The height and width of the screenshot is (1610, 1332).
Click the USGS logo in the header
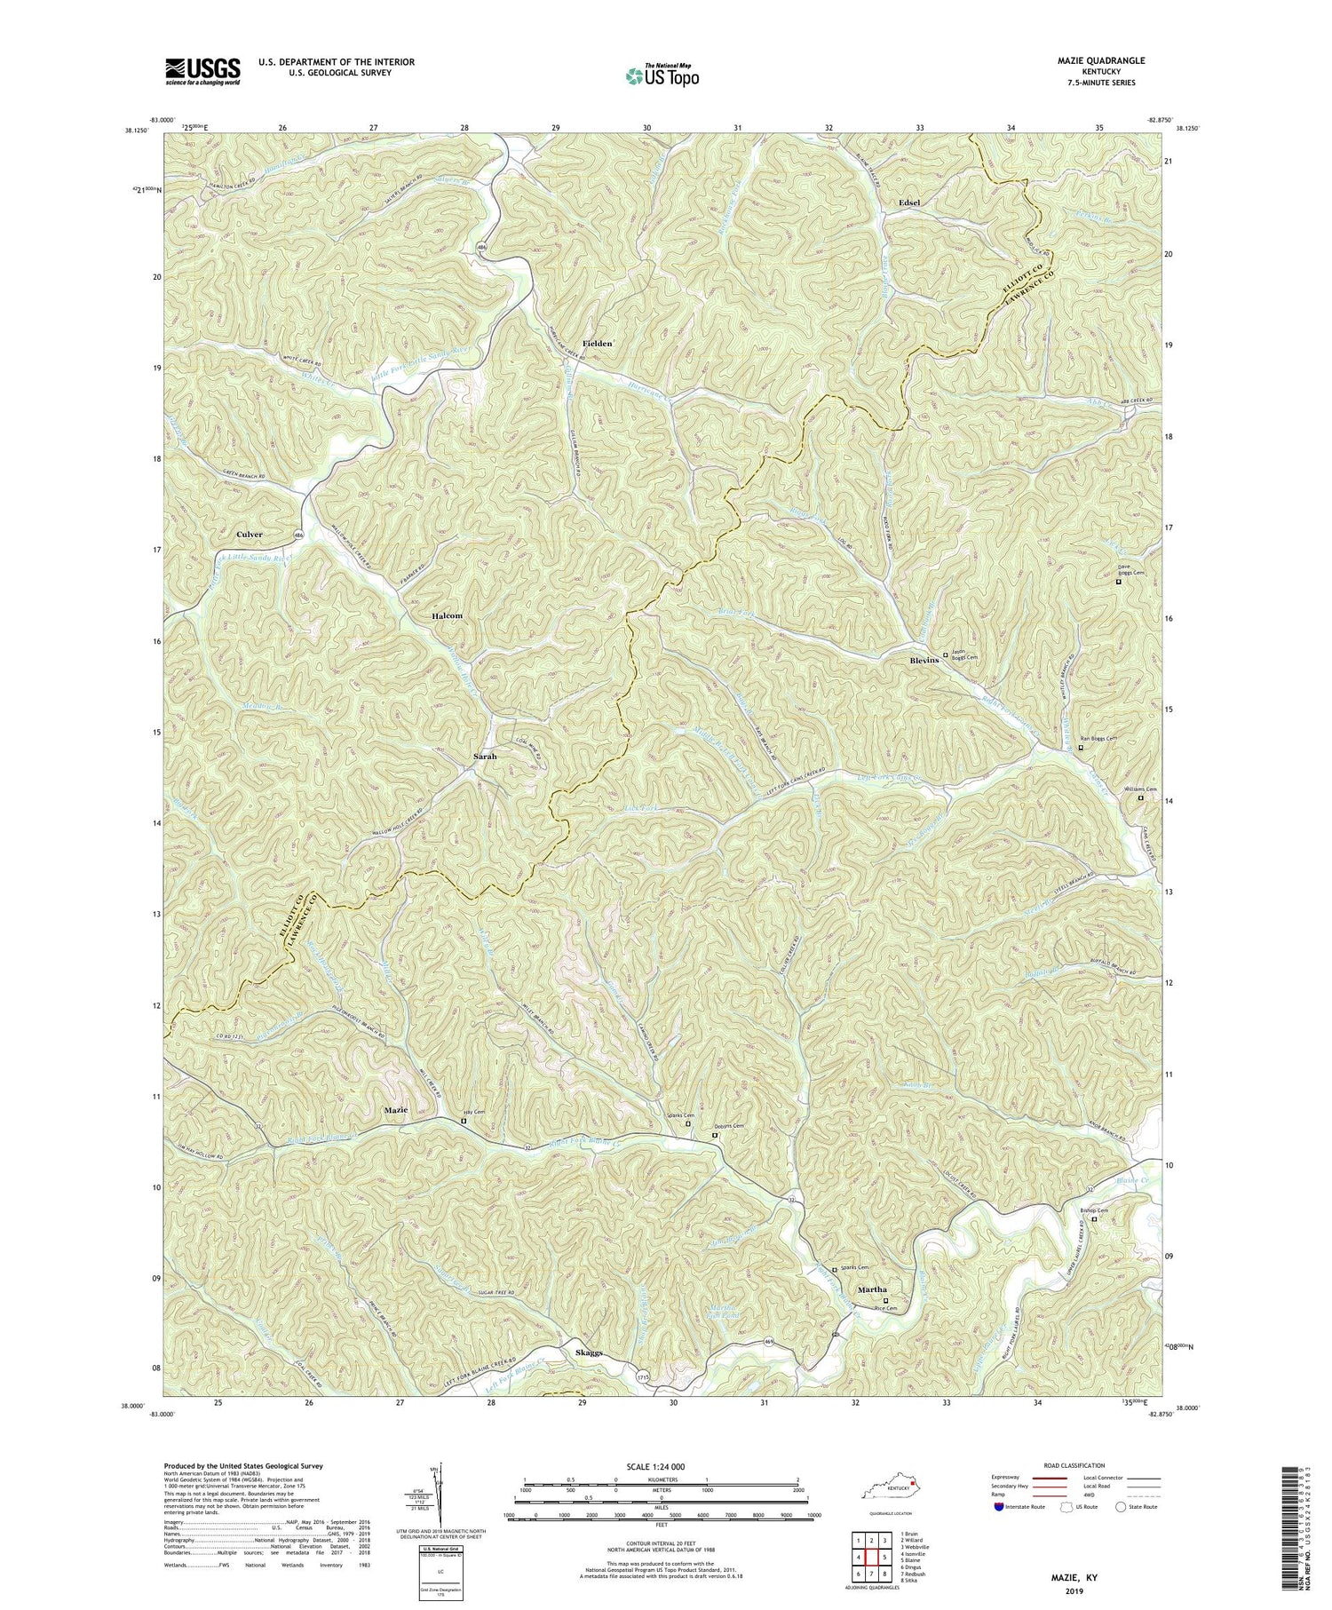tap(202, 71)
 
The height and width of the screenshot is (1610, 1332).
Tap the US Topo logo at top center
tap(661, 76)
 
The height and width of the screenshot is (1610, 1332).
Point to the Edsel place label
tap(908, 202)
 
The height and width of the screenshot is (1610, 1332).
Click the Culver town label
tap(250, 535)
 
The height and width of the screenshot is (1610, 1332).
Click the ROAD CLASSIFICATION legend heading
tap(1073, 1465)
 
